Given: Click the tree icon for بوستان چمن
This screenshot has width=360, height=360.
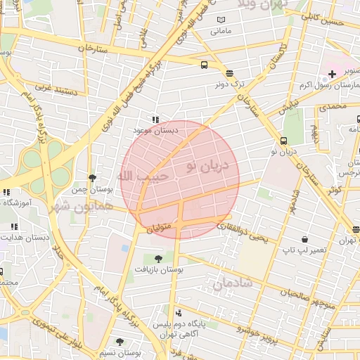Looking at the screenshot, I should tap(92, 179).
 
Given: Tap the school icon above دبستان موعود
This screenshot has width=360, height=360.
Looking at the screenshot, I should tap(155, 120).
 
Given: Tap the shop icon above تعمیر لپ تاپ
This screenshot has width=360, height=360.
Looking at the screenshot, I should tap(304, 239).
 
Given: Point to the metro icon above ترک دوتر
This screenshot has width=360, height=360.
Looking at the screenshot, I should tap(229, 73).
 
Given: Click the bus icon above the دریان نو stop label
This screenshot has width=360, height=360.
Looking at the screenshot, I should tap(283, 140).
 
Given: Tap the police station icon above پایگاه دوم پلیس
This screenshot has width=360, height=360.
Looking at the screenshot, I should tap(178, 312).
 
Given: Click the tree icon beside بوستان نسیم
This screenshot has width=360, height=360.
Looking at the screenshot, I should tap(120, 341).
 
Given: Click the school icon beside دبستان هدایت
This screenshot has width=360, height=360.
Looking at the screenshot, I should tap(13, 226).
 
